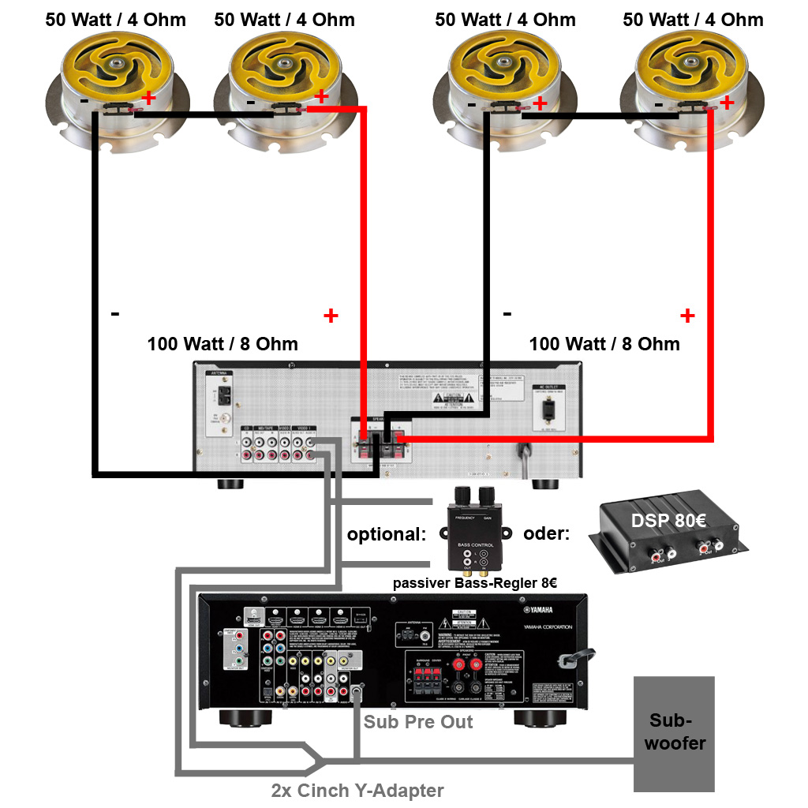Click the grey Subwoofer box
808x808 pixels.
pos(674,734)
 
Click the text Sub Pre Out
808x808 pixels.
pos(418,721)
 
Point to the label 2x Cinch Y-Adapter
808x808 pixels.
pos(357,790)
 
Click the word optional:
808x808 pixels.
pos(386,533)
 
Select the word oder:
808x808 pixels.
pos(546,533)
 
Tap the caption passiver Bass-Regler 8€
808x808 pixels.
pos(475,584)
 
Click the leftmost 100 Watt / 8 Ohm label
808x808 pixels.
pos(223,344)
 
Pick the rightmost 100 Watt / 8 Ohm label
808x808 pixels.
pos(604,344)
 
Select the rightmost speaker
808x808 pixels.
pos(694,83)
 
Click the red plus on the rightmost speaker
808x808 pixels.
pos(727,102)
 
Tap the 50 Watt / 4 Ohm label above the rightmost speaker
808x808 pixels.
pos(693,19)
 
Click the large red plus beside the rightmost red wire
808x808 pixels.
pos(687,316)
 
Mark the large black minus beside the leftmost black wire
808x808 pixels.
pos(115,314)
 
